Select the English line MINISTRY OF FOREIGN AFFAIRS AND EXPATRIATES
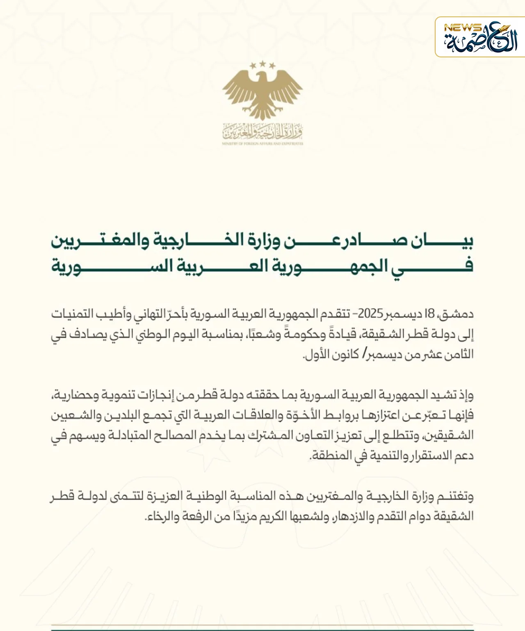pyautogui.click(x=262, y=144)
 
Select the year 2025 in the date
pyautogui.click(x=370, y=314)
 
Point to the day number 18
pyautogui.click(x=429, y=314)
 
